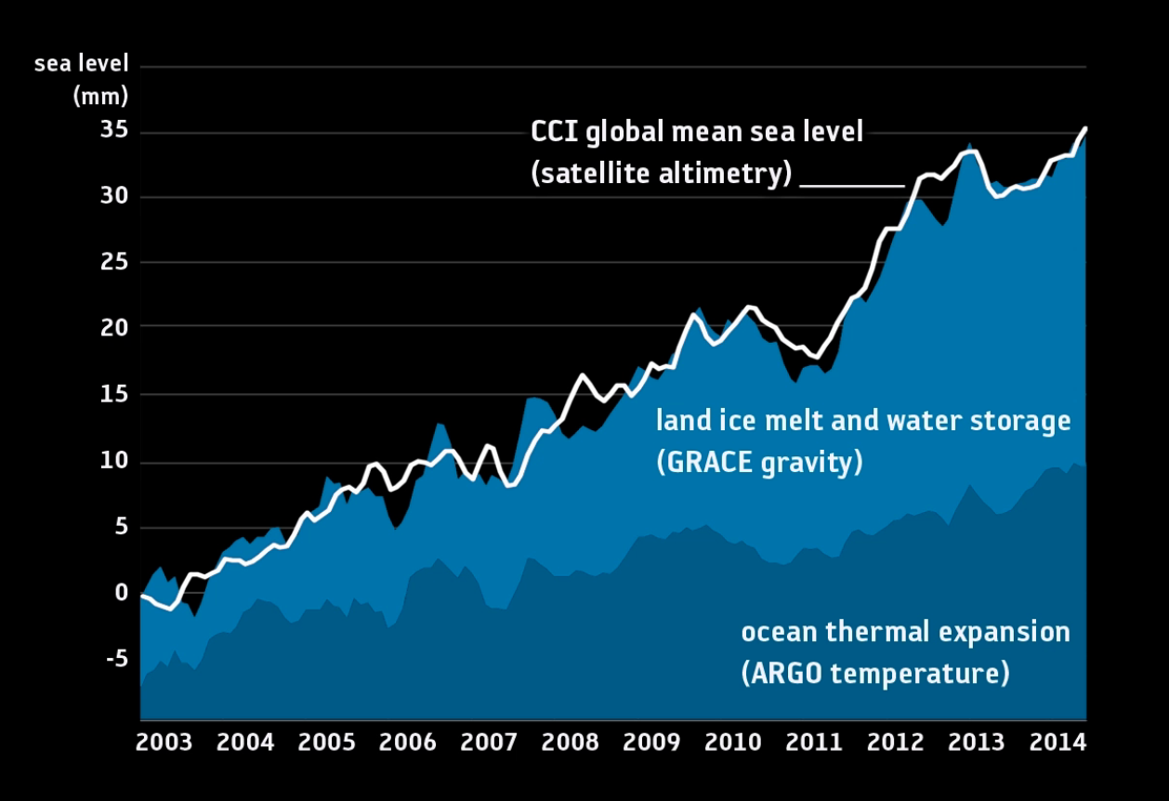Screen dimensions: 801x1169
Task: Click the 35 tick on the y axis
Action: pos(113,130)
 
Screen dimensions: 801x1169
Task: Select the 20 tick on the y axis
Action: pos(113,327)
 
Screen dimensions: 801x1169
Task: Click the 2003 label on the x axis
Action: pos(164,743)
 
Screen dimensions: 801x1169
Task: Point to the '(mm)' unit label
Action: pos(100,96)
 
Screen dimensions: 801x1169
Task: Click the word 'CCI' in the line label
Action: pos(556,131)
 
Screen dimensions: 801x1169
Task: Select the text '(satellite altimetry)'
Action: pos(662,174)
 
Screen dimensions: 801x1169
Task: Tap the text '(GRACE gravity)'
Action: pos(759,462)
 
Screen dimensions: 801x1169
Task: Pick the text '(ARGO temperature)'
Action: pos(874,673)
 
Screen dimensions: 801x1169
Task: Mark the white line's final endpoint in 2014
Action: pos(1085,128)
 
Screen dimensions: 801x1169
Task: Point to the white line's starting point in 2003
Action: pos(142,596)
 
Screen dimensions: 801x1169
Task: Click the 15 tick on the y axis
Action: pos(113,395)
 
